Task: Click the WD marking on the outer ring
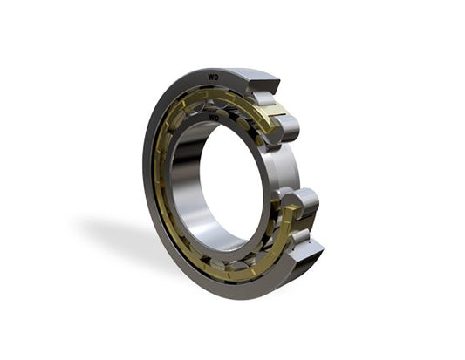214,78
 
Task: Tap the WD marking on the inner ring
214,118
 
